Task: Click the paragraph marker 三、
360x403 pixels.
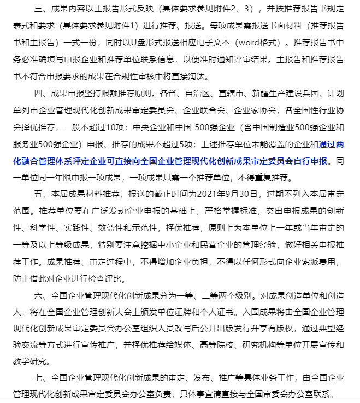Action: click(x=40, y=10)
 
